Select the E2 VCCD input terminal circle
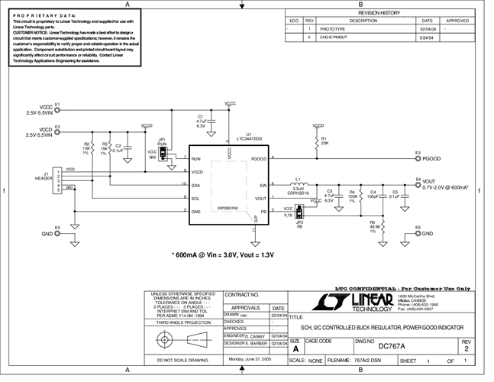(x=57, y=131)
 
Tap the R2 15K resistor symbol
(x=96, y=147)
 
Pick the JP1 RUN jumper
(x=162, y=153)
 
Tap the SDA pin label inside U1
(x=196, y=185)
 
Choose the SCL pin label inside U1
(x=196, y=198)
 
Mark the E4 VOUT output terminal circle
(x=418, y=185)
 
